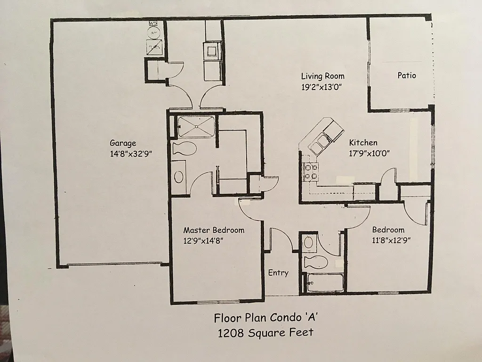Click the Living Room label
(x=322, y=76)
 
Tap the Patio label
(x=407, y=75)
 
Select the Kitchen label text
(x=363, y=142)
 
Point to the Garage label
(x=123, y=143)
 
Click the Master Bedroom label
(x=214, y=230)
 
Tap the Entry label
(x=278, y=272)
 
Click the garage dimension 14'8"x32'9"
(x=131, y=154)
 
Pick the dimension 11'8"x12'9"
(x=392, y=240)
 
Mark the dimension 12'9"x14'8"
(x=203, y=240)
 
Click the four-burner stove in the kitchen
(x=311, y=172)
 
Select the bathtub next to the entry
(x=324, y=282)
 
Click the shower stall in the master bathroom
(x=196, y=126)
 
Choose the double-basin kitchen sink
(x=320, y=142)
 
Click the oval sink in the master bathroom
(x=179, y=177)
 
